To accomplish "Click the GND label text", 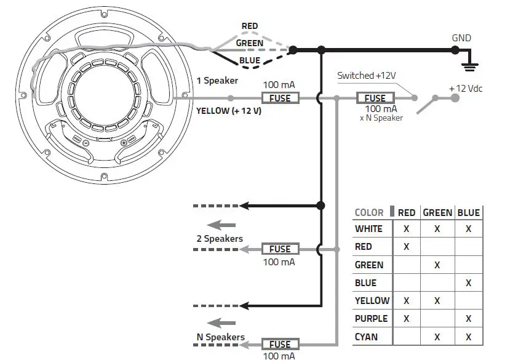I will (461, 38).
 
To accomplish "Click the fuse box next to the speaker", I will (280, 98).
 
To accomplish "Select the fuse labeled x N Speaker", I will (375, 98).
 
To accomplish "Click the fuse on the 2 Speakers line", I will (280, 249).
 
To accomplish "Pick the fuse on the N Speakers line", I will (280, 345).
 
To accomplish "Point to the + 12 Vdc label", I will (466, 89).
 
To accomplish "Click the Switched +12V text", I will (366, 76).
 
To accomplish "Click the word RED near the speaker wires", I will (250, 26).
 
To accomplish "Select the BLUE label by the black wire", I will (250, 60).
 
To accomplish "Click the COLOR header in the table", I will (369, 213).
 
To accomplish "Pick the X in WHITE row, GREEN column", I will (437, 229).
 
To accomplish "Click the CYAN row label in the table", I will (367, 337).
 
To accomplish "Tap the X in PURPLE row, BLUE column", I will (469, 319).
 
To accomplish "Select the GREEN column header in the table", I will (437, 213).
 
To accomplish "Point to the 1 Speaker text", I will (217, 81).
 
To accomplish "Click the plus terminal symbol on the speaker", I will (124, 143).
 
